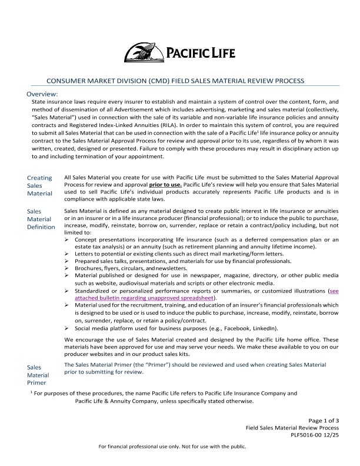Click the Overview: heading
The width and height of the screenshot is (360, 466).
click(42, 94)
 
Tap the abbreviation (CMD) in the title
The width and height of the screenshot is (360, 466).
click(152, 81)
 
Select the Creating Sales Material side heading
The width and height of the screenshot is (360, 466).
click(39, 185)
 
